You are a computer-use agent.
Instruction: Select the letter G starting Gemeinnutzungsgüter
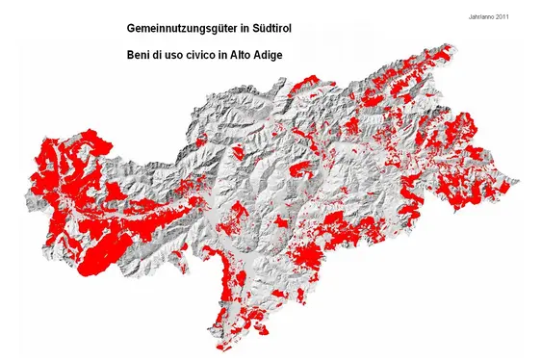132,31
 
